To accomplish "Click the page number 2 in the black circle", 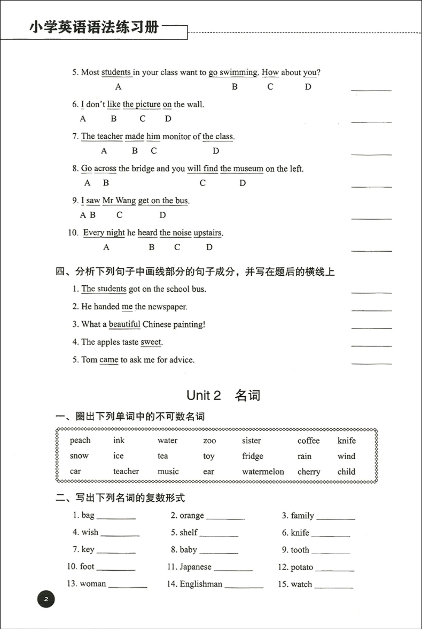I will click(46, 599).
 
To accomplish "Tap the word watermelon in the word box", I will click(263, 471).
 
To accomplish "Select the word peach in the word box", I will click(80, 440).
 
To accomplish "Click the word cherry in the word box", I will click(309, 472).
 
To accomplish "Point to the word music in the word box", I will click(168, 471).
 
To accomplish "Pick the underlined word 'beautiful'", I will click(124, 324).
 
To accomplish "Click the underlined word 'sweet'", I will click(151, 342).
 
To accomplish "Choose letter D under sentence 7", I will click(216, 151).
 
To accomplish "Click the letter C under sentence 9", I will click(119, 215).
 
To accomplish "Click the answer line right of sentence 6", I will click(371, 121).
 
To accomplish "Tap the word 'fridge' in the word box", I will click(253, 456).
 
